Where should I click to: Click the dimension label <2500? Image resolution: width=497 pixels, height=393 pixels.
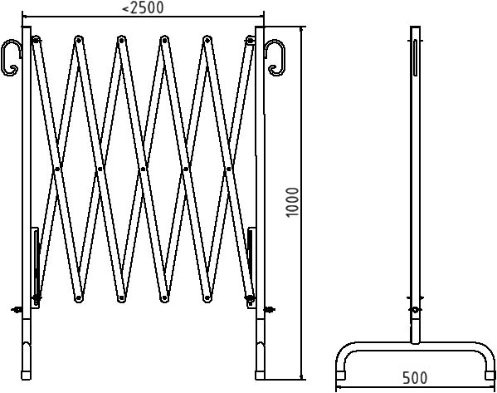(143, 8)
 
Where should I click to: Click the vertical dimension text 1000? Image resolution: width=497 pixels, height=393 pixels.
(292, 202)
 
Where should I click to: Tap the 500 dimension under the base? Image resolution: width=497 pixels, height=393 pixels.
(415, 378)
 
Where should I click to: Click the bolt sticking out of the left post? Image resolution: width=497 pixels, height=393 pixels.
(17, 309)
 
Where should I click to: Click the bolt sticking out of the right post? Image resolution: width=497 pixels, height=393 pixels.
(270, 309)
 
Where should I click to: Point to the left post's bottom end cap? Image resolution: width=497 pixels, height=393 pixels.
(27, 376)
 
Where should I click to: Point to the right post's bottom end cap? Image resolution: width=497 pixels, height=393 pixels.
(260, 376)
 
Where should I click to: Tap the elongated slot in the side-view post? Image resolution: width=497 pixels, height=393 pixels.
(415, 57)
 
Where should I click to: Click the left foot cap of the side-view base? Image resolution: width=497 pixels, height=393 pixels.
(341, 375)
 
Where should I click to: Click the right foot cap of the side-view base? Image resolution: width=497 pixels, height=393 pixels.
(490, 375)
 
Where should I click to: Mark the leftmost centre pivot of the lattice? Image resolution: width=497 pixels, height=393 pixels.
(57, 169)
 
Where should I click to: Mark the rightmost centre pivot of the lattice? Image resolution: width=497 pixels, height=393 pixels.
(229, 169)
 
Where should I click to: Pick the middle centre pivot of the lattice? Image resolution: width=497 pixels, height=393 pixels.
(143, 169)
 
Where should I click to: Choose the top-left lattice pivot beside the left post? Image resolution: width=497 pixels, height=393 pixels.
(37, 40)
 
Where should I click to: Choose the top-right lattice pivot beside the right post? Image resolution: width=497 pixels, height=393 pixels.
(250, 40)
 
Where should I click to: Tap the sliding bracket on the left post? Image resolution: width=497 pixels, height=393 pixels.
(36, 268)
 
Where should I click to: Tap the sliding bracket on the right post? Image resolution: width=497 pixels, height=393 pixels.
(251, 268)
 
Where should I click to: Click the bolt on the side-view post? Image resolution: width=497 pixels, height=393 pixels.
(415, 310)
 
